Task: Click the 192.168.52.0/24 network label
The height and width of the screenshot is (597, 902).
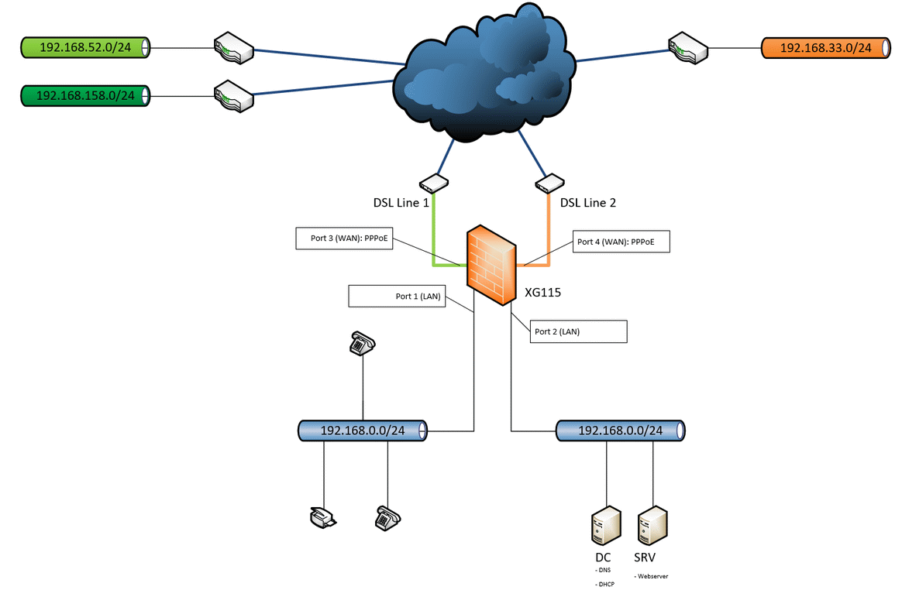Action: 84,48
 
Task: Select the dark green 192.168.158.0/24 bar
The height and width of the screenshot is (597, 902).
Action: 85,96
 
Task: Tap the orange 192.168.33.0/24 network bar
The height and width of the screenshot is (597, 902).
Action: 825,48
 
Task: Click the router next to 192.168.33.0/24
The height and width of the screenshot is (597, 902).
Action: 688,47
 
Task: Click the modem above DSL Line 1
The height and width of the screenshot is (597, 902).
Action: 433,184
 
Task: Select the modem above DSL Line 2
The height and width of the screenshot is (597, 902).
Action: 549,184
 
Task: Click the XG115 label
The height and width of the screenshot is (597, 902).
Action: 542,293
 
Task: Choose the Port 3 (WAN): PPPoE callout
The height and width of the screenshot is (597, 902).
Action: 345,238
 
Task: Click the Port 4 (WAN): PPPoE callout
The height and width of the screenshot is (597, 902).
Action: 620,242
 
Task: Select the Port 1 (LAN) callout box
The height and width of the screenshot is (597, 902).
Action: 397,296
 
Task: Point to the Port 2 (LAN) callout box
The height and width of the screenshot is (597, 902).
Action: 578,331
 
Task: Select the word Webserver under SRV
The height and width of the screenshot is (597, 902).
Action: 652,576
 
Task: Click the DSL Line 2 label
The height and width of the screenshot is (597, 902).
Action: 588,203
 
